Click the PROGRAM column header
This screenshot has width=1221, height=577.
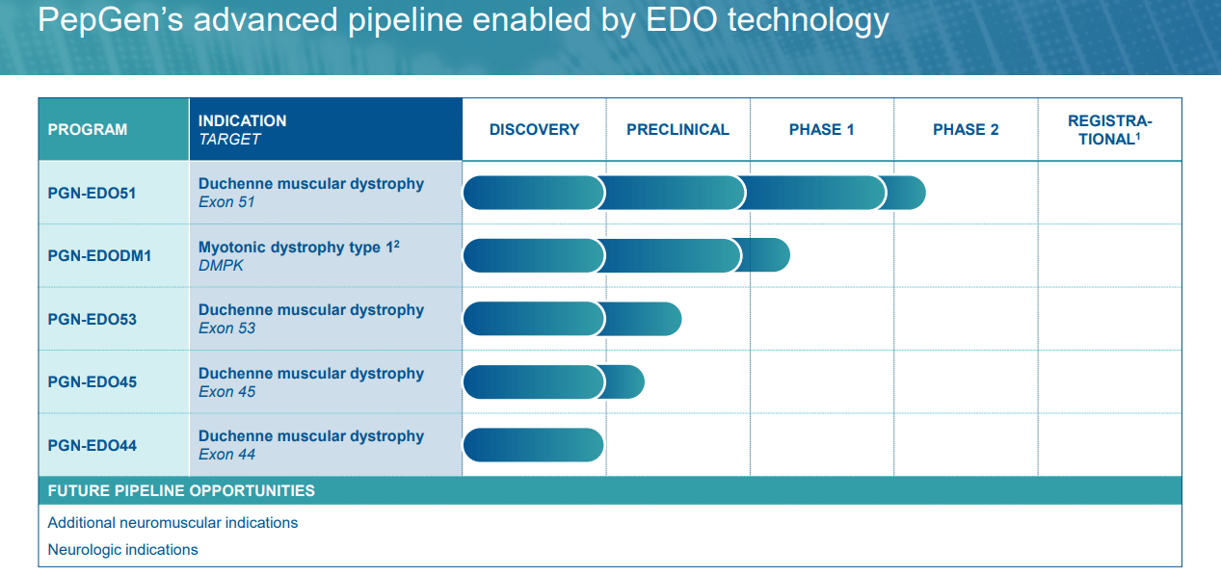[x=88, y=129]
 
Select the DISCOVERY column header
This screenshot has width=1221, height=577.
[x=534, y=129]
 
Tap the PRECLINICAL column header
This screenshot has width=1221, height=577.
[x=677, y=129]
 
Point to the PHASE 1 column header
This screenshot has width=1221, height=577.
[x=821, y=129]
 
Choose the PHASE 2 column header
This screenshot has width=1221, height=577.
[x=966, y=129]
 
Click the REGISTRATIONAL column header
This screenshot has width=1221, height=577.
[x=1109, y=130]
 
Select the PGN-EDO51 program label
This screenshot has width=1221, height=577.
[x=92, y=193]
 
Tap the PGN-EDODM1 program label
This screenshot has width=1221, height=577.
[x=99, y=256]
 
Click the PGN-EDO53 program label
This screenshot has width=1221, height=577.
[x=92, y=319]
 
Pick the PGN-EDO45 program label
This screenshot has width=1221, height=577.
[x=92, y=381]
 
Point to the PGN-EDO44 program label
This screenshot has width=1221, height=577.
[x=92, y=445]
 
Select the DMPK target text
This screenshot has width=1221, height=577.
[x=221, y=265]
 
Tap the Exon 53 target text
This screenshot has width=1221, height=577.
[x=226, y=328]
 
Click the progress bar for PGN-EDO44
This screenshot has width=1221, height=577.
[x=533, y=445]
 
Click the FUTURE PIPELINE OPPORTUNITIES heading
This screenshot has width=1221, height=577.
[x=181, y=490]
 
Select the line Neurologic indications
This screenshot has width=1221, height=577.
[x=122, y=549]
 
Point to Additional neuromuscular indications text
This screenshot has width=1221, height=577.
[x=173, y=522]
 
